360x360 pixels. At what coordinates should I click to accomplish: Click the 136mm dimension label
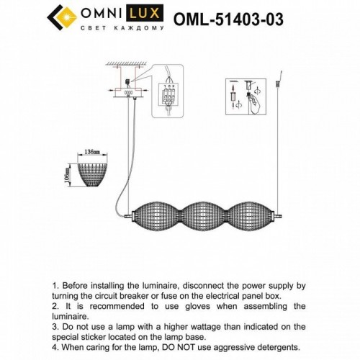point(91,153)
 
